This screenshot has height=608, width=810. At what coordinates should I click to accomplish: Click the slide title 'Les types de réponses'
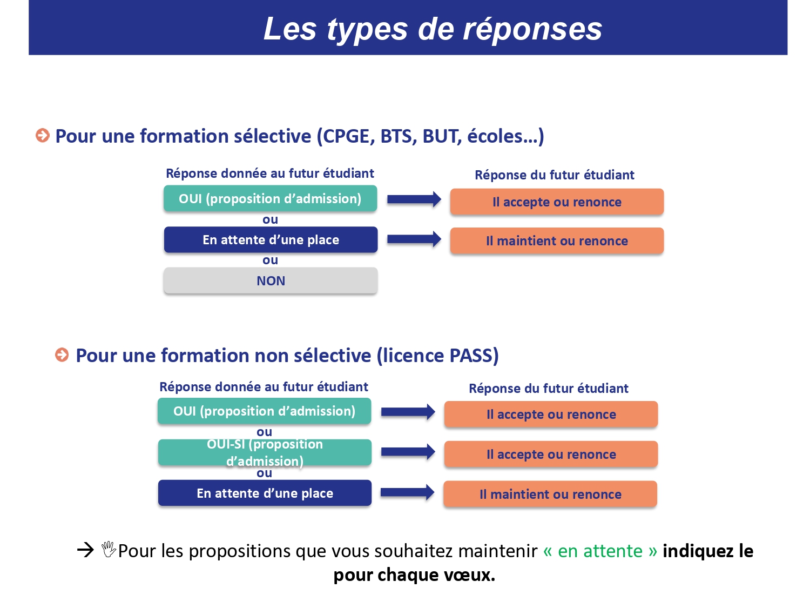coord(433,29)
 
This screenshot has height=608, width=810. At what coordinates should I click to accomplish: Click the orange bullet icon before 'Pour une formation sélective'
coord(43,135)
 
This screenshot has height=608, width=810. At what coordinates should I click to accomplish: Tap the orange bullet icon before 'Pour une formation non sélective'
coord(62,355)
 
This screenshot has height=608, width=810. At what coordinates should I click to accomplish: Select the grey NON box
coord(271,280)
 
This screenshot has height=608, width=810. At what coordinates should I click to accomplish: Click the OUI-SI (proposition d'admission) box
coord(265,452)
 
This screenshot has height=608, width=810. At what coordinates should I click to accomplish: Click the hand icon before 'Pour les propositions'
coord(109,549)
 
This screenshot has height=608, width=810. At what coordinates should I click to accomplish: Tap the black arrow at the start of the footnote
coord(86,550)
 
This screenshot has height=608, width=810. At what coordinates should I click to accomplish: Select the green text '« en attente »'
coord(600,551)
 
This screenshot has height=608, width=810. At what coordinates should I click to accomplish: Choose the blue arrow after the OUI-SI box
coord(408,452)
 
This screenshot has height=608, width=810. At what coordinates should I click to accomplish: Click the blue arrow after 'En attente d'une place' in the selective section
coord(414,239)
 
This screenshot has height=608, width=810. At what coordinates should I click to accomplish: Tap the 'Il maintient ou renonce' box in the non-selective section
coord(550,494)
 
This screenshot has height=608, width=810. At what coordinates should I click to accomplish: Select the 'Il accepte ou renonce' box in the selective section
coord(557,202)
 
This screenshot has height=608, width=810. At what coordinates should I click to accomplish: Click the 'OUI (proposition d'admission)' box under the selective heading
coord(270,198)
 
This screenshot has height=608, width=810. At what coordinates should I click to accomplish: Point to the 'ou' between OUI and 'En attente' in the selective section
coord(270,219)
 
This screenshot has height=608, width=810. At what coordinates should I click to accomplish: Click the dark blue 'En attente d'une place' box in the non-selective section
coord(265,493)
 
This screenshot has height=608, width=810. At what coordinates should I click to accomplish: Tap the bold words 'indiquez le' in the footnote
coord(708,551)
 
